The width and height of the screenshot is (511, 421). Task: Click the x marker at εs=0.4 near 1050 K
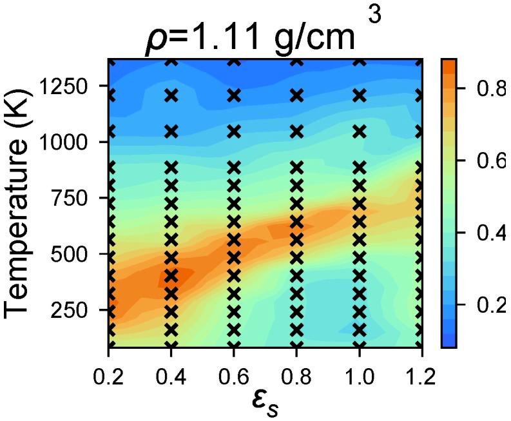[x=171, y=132]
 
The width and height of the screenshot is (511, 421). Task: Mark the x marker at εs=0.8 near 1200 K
[x=296, y=95]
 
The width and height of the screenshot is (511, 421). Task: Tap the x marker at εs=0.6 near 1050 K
[x=233, y=132]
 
